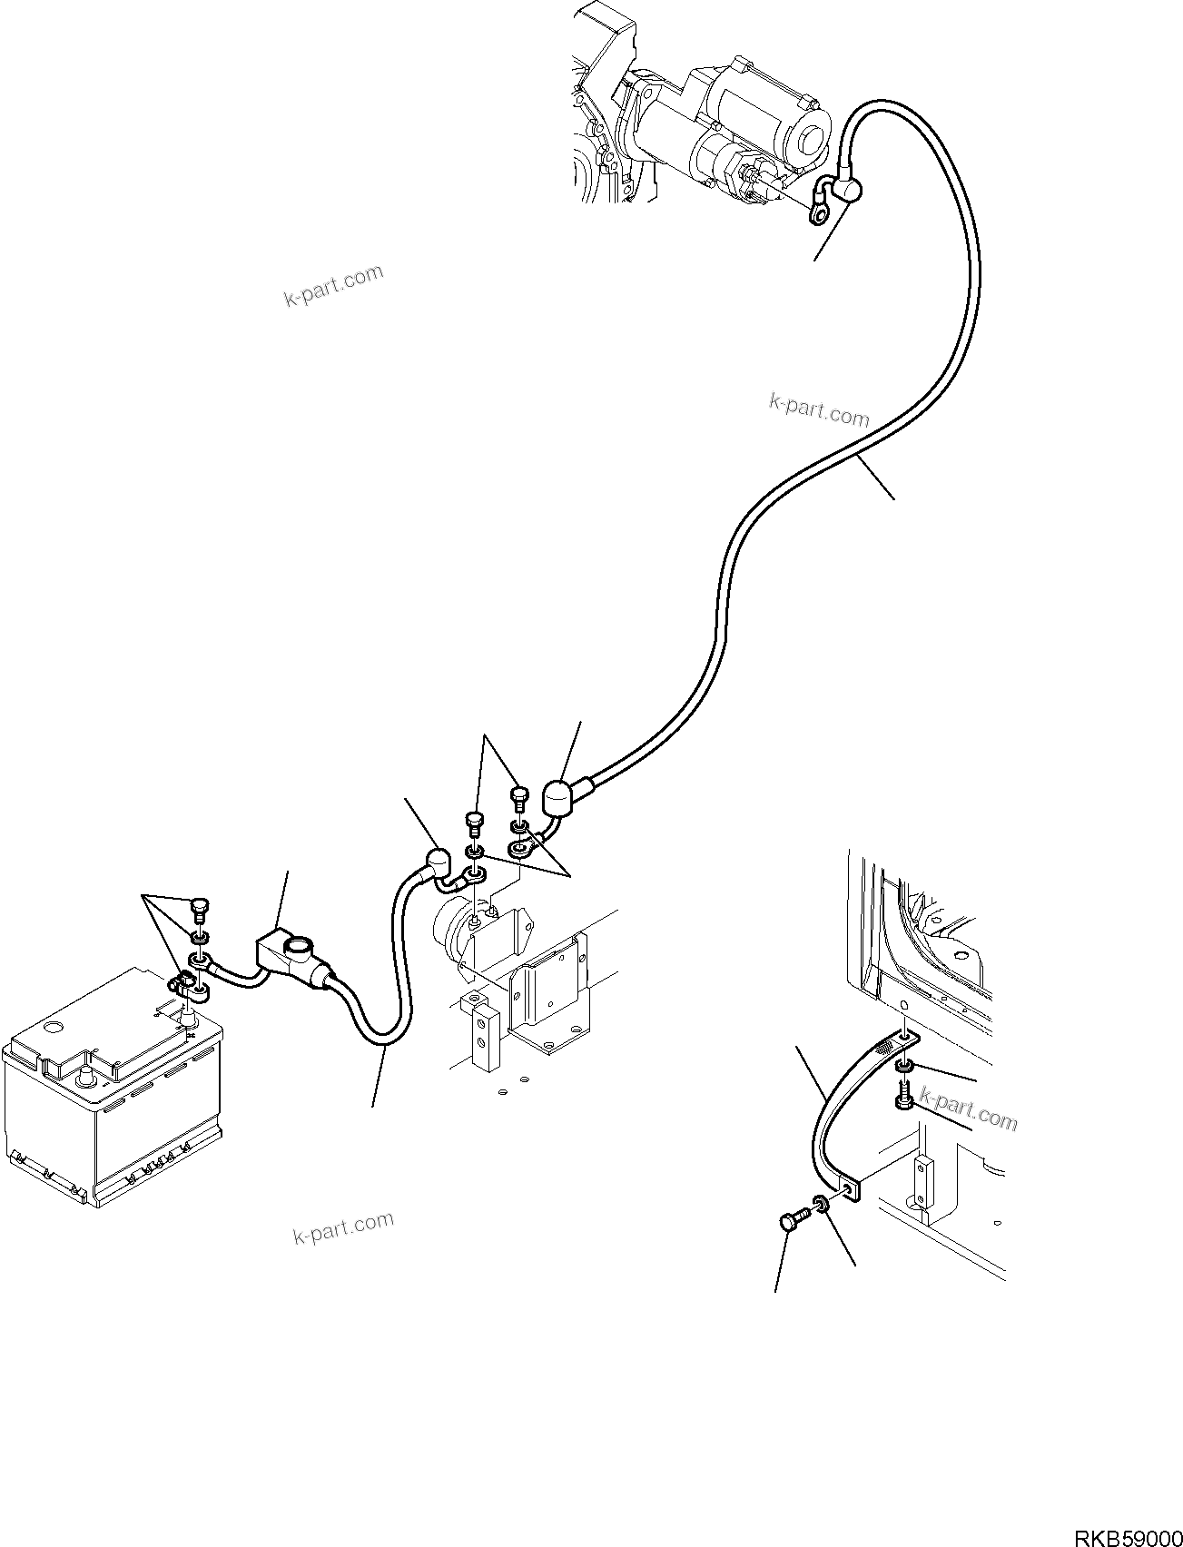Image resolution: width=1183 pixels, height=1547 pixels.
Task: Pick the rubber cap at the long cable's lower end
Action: point(556,798)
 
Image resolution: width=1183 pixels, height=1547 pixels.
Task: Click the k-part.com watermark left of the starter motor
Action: point(333,287)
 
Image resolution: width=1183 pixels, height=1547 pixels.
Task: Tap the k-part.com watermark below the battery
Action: point(344,1228)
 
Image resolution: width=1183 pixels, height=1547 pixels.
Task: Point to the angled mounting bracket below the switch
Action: point(547,1000)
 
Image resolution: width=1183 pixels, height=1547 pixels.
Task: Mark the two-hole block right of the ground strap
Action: point(923,1183)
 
